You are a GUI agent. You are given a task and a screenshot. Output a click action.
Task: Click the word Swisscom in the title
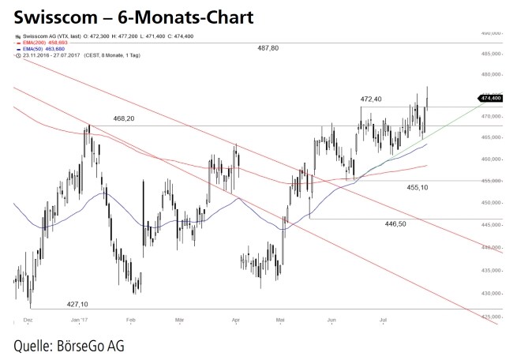point(49,16)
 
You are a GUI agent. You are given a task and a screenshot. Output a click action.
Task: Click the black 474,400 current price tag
point(490,98)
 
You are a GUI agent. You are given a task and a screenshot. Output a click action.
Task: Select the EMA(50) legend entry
point(44,49)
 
